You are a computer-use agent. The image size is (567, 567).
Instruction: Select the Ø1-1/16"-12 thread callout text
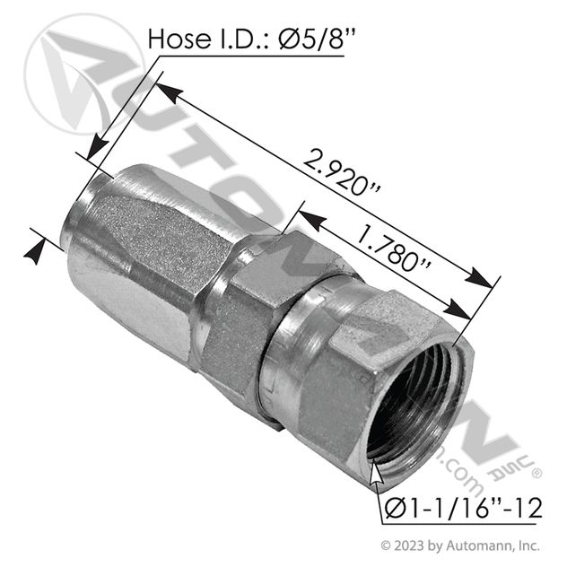(464, 508)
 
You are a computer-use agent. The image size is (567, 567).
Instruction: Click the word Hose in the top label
(179, 39)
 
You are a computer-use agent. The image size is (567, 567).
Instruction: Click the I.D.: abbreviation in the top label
(244, 39)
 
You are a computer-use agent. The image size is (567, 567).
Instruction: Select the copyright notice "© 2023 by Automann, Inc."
(461, 545)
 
